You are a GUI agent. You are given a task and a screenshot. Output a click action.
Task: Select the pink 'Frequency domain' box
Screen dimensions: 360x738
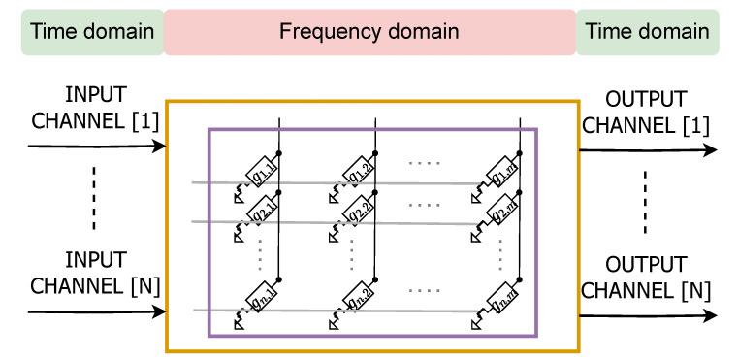coord(369,32)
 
